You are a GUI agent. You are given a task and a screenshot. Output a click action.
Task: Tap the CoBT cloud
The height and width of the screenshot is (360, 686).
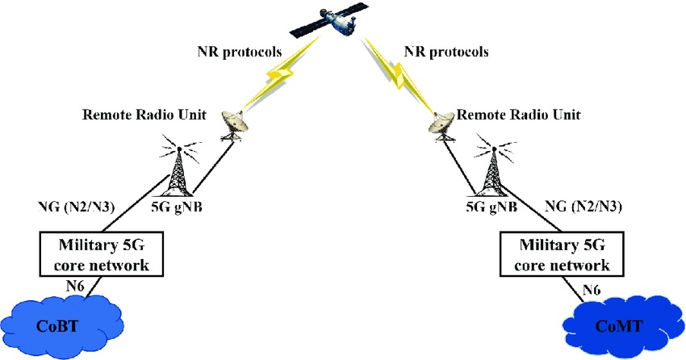coord(61,324)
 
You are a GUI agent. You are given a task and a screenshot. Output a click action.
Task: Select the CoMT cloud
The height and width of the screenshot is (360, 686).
coord(622,324)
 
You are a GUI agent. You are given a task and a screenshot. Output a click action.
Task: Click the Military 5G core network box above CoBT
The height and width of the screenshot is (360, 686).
coord(102,254)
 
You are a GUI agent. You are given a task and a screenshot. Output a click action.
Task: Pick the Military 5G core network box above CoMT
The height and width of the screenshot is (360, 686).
coord(562,254)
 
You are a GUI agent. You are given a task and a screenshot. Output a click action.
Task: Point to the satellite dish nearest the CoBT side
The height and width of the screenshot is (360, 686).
coord(233,125)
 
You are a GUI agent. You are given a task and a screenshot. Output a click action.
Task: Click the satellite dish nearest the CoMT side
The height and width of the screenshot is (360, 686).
coord(442,124)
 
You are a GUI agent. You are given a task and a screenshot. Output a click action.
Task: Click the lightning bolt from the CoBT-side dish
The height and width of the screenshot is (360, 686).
coord(280,73)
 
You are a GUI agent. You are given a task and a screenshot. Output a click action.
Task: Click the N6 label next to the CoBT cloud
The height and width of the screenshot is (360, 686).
coord(76,286)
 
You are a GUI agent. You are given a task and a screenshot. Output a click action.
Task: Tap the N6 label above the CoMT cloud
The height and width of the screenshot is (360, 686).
coord(591,290)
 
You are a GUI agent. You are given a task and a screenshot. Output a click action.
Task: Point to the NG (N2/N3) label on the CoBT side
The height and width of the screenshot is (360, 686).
coord(77,207)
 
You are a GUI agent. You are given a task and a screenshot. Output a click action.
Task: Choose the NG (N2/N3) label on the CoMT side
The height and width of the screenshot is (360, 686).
coord(584,206)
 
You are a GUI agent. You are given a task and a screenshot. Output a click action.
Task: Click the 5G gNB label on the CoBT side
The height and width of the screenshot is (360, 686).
coord(177,207)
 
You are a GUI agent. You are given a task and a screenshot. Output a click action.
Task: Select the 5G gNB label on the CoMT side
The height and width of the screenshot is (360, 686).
coord(491,207)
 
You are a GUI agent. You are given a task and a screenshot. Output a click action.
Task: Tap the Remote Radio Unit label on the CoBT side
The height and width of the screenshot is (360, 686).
coord(144,115)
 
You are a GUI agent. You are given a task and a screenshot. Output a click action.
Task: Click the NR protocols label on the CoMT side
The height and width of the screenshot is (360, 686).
coord(446,52)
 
